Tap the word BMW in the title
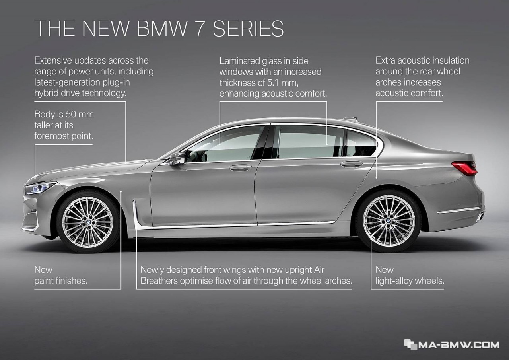162,28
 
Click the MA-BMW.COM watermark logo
452,345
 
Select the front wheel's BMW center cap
89,222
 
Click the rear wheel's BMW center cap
388,221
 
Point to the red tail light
464,169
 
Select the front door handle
240,168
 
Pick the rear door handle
351,164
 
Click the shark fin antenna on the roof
350,119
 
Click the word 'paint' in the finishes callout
45,281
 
